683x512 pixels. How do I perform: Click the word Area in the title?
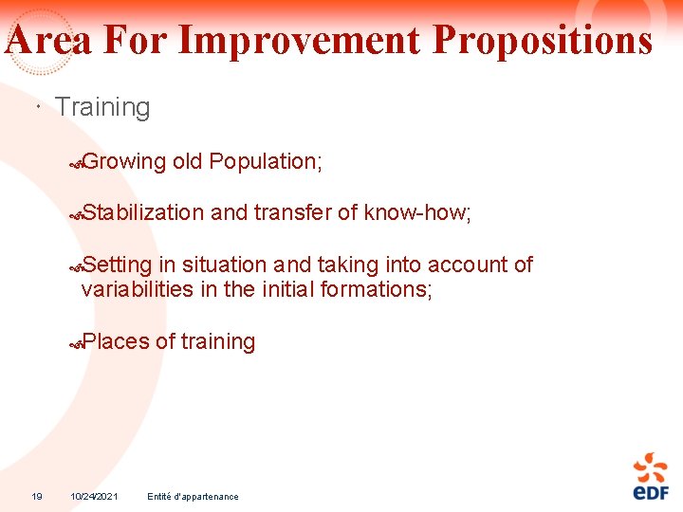click(49, 41)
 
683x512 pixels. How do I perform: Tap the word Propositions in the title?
click(543, 41)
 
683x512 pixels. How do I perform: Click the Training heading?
click(102, 107)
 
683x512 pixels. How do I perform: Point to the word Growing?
click(124, 162)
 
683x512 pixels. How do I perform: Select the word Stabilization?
click(143, 212)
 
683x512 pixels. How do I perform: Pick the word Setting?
click(117, 265)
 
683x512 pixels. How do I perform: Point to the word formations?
click(377, 288)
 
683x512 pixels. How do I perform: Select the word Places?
click(116, 341)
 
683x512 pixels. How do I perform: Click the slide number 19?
click(37, 496)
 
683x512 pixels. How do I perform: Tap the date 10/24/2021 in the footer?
click(94, 496)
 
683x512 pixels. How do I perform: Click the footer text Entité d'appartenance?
click(194, 496)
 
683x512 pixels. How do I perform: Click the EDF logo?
click(651, 476)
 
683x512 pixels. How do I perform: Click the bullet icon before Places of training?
click(77, 345)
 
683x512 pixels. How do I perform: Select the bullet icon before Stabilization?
click(77, 216)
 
